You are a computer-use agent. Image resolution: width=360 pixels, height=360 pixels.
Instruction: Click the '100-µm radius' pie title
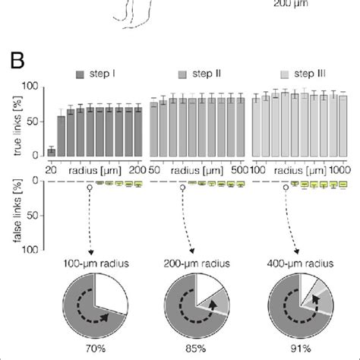(90, 263)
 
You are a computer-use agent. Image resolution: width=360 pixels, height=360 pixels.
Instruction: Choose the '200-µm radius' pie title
(197, 263)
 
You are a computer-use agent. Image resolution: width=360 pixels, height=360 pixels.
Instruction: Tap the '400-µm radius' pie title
(302, 263)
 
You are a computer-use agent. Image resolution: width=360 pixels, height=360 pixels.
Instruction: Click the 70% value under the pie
(90, 352)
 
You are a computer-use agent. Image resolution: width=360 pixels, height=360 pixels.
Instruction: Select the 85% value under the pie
(197, 352)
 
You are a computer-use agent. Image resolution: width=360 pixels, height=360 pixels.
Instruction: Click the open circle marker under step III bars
(288, 186)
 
